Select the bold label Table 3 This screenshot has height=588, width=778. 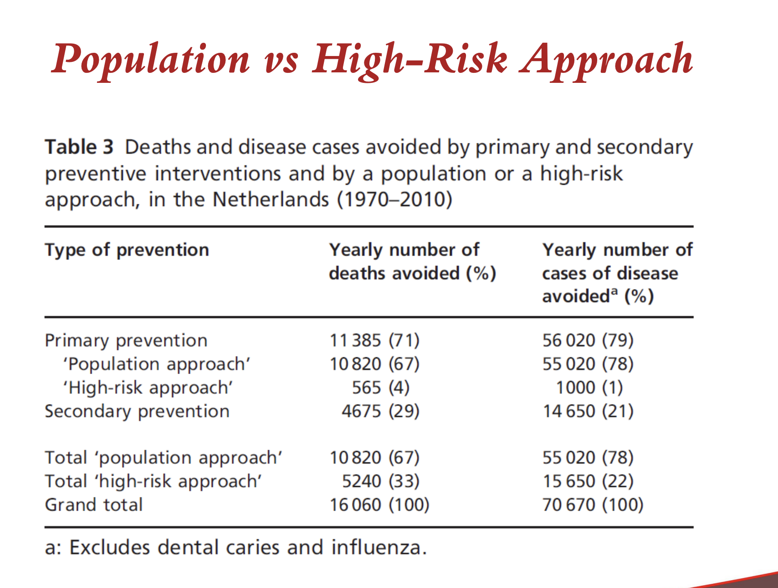[79, 147]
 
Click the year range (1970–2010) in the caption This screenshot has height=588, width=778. [394, 200]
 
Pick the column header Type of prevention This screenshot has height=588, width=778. [127, 250]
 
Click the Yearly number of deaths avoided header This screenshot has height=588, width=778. [412, 262]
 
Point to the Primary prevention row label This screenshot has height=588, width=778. [126, 340]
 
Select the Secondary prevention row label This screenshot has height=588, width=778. [137, 411]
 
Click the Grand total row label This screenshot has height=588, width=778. [94, 505]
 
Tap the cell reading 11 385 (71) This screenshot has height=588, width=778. [374, 340]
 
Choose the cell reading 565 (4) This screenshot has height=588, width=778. [380, 388]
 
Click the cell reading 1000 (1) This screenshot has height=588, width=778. [589, 388]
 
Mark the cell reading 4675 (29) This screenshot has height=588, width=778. [380, 411]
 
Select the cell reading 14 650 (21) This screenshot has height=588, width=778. [588, 411]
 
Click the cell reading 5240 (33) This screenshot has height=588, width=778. [380, 481]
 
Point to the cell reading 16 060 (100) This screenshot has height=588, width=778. [379, 505]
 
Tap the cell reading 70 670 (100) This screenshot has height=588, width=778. [593, 505]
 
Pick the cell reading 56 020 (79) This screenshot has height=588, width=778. [588, 340]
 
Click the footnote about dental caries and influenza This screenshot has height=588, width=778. [236, 547]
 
